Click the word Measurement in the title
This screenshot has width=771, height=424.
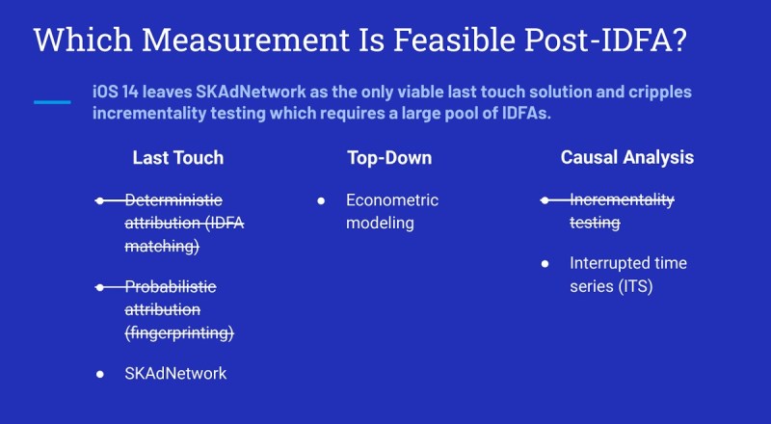(x=246, y=40)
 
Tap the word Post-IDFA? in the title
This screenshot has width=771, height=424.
(x=605, y=40)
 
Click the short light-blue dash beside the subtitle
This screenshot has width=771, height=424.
(x=52, y=102)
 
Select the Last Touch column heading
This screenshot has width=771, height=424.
(x=178, y=158)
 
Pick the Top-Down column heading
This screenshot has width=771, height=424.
(x=389, y=158)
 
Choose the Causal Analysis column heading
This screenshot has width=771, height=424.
(x=627, y=157)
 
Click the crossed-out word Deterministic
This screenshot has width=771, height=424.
(x=173, y=200)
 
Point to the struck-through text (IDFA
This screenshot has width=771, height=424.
(x=225, y=223)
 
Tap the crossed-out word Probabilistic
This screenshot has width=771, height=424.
(x=171, y=286)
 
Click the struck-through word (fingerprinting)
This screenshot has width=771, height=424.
(x=179, y=333)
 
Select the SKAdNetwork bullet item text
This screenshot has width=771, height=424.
(x=175, y=373)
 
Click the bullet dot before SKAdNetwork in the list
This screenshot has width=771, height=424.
(x=100, y=374)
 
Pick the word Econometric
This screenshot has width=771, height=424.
(x=392, y=200)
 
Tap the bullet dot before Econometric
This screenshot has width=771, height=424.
(x=321, y=200)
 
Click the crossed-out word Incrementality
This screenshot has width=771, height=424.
(x=622, y=200)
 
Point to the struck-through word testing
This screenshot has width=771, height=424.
(x=595, y=223)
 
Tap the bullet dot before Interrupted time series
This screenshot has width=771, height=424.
(x=545, y=264)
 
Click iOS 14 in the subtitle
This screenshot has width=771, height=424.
(x=116, y=92)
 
